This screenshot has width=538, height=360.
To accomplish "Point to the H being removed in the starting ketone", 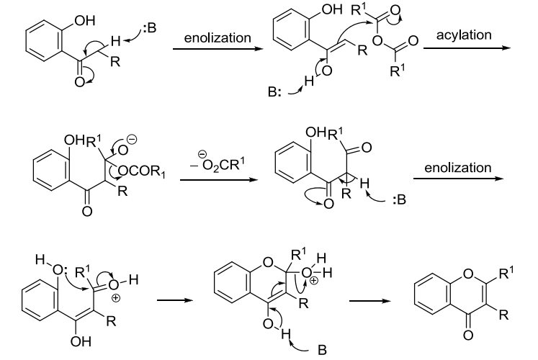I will pyautogui.click(x=108, y=44).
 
